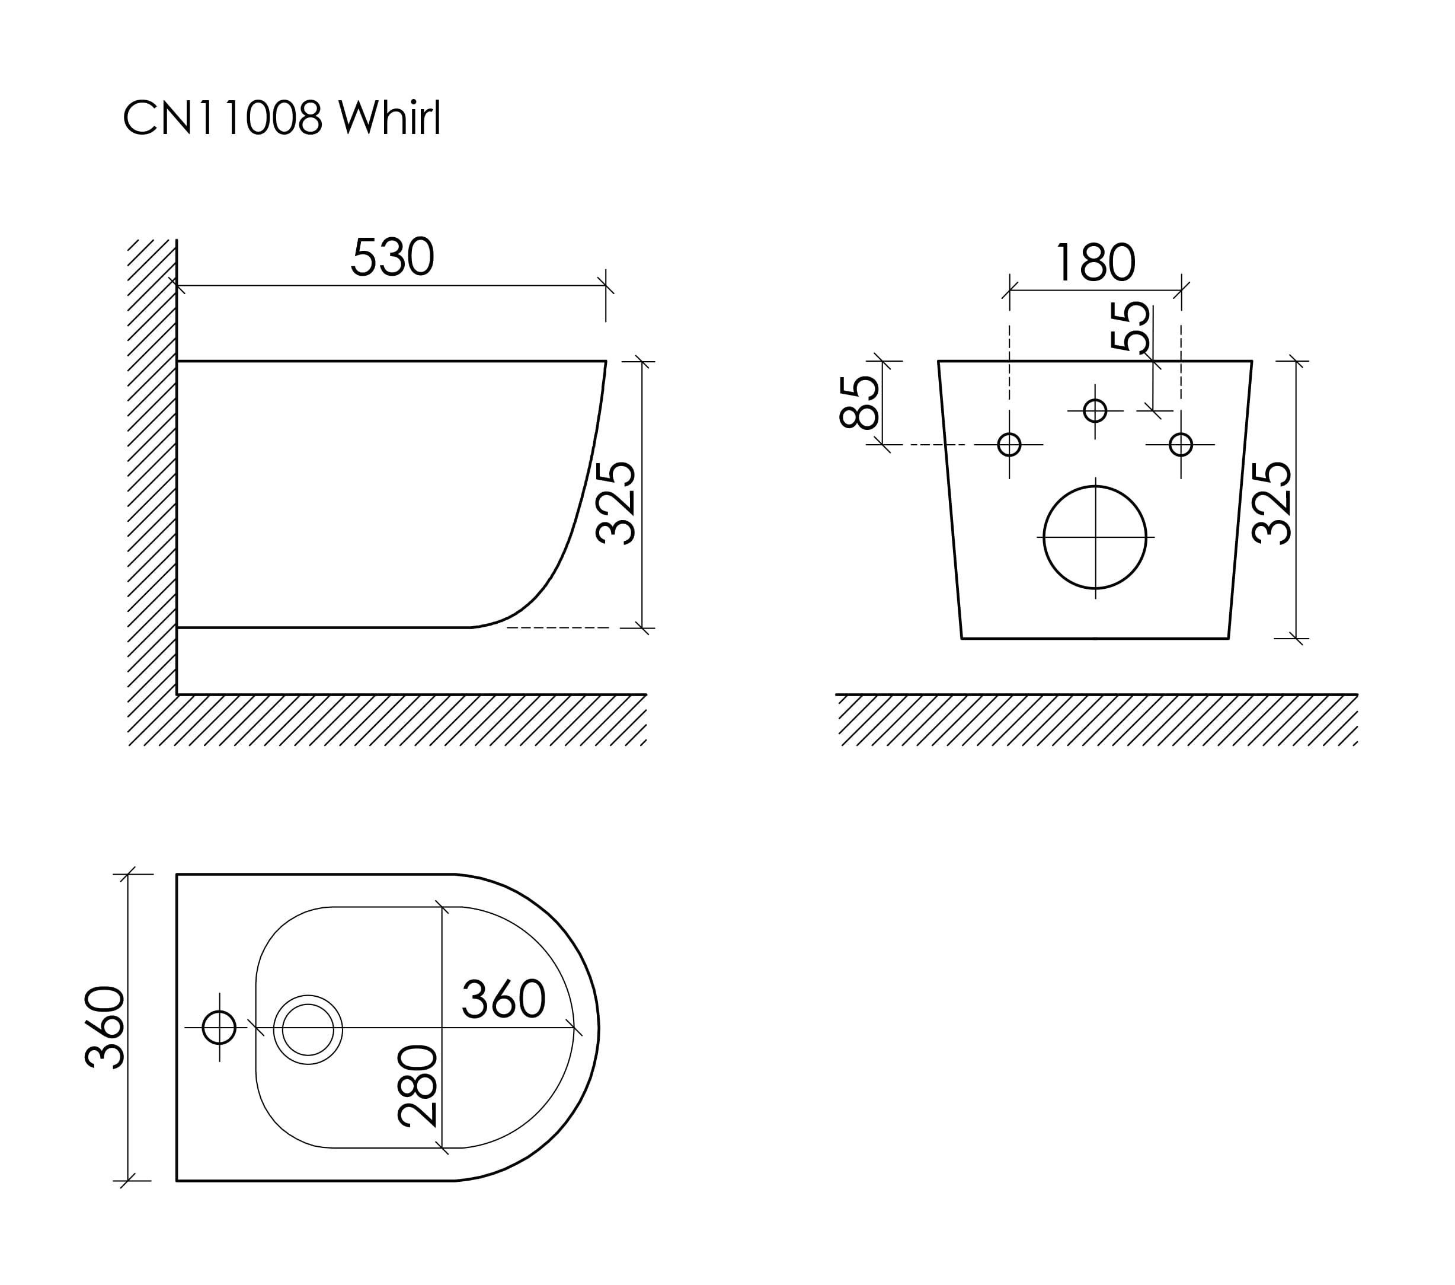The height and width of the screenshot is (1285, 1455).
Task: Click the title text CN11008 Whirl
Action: [282, 117]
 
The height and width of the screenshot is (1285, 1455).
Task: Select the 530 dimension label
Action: [392, 256]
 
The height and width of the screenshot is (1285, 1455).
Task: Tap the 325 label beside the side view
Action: [615, 503]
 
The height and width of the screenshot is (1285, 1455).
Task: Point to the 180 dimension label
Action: [1096, 262]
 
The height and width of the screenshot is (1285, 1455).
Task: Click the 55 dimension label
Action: [1130, 326]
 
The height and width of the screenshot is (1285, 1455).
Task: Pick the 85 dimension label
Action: [859, 403]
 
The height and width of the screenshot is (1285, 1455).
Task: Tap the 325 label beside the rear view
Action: [1271, 503]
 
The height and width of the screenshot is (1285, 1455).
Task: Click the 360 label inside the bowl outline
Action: [504, 998]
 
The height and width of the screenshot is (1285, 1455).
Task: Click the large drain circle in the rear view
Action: [1095, 537]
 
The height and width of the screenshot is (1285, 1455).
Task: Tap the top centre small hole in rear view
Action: [1095, 410]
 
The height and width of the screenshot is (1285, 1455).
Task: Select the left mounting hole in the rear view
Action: [1009, 445]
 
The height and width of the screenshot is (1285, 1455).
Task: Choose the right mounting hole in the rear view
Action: [1181, 445]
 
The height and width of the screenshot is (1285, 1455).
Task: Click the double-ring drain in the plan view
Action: [308, 1029]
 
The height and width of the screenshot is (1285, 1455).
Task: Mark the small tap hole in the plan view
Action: [219, 1027]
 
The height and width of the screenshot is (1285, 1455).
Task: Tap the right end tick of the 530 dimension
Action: [606, 286]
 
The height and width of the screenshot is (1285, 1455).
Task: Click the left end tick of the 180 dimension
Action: [1009, 291]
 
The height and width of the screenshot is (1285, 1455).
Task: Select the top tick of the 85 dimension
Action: [882, 361]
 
